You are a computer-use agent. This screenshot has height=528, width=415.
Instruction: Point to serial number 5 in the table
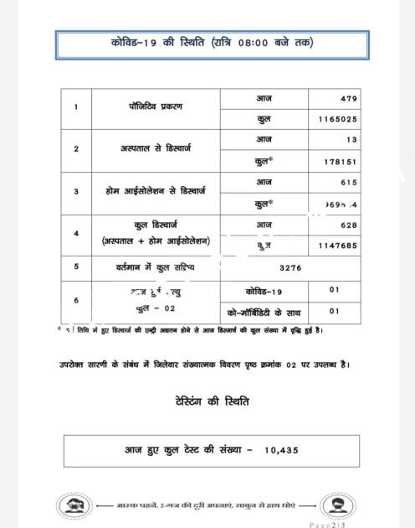76,267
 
